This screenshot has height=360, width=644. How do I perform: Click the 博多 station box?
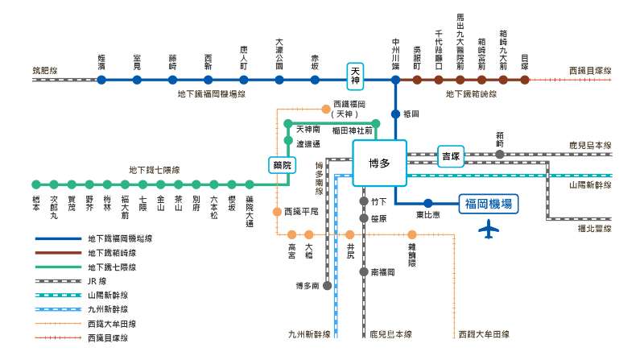[x=379, y=163]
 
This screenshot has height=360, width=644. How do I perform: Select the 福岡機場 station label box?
[x=489, y=205]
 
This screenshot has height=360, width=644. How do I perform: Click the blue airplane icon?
[x=488, y=230]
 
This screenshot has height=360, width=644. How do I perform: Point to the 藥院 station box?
[x=279, y=164]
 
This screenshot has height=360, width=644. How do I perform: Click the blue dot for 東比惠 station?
[x=428, y=204]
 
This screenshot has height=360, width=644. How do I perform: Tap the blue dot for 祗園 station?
[x=395, y=114]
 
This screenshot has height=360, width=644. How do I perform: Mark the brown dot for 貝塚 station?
[x=525, y=80]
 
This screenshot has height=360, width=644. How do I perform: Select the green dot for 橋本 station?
[x=35, y=184]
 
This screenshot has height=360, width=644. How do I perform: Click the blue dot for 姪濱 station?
[x=102, y=80]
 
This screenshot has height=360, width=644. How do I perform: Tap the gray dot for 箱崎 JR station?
[x=500, y=154]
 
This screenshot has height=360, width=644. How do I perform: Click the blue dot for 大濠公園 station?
[x=279, y=80]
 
